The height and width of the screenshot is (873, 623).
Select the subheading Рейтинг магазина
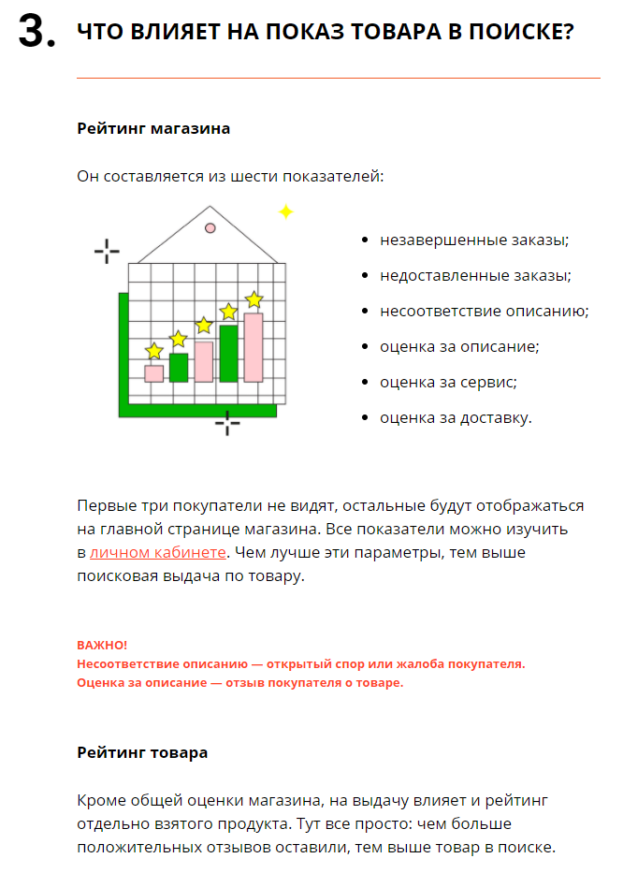(153, 128)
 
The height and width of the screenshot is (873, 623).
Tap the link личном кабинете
(158, 552)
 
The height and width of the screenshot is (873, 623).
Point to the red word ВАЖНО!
(102, 645)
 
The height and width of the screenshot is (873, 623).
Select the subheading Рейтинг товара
(142, 752)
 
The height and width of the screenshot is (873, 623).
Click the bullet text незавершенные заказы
(474, 240)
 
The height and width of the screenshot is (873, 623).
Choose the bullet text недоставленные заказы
(475, 276)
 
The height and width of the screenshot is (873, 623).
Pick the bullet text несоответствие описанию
(484, 312)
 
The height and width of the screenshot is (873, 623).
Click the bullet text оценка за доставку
(456, 417)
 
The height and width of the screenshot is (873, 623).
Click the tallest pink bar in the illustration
(254, 347)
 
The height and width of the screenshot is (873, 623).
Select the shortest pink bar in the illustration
(154, 373)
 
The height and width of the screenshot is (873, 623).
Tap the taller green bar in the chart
(228, 354)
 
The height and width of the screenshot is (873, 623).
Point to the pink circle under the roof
(210, 227)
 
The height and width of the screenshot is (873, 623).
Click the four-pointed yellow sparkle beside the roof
(285, 212)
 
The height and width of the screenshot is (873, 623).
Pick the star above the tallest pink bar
(254, 299)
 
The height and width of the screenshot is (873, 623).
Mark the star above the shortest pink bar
(154, 351)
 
